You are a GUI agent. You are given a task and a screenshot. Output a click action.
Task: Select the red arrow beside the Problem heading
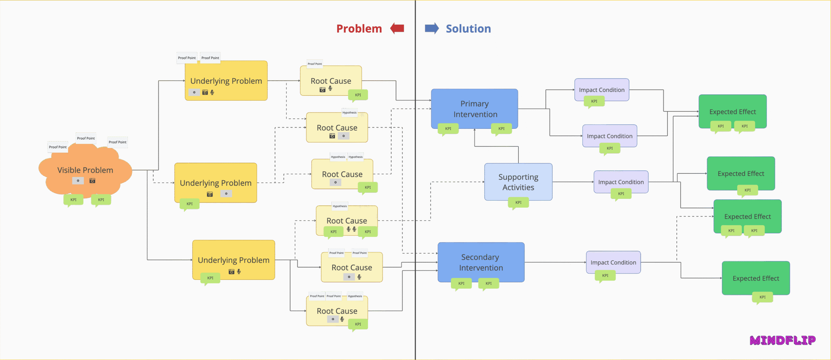(x=397, y=29)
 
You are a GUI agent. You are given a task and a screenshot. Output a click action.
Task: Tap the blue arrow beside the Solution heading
(x=432, y=29)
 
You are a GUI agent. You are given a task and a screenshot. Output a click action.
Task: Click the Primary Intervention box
(x=474, y=108)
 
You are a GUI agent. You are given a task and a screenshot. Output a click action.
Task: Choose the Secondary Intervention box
(x=481, y=262)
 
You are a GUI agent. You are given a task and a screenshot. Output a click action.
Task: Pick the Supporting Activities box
(x=518, y=182)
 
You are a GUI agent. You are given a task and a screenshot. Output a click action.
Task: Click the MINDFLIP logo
(x=782, y=340)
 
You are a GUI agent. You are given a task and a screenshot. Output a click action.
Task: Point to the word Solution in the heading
(x=468, y=29)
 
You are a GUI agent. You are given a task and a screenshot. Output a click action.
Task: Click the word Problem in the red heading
(x=359, y=29)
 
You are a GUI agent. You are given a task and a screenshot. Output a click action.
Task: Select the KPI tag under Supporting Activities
(x=518, y=203)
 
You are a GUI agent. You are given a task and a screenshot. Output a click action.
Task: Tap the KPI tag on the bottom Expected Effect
(x=763, y=297)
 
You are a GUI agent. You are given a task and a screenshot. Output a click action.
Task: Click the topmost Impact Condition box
(x=602, y=90)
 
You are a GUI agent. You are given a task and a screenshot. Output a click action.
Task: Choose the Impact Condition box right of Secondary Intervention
(x=613, y=262)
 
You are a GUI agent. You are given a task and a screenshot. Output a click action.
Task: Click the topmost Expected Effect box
(x=732, y=111)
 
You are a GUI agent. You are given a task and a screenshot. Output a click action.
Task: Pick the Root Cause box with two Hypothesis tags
(x=342, y=174)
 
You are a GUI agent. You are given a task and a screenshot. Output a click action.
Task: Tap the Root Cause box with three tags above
(x=337, y=311)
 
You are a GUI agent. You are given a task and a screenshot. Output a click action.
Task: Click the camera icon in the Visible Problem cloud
(x=93, y=180)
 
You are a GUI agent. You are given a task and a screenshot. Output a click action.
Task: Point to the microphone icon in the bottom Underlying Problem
(x=239, y=271)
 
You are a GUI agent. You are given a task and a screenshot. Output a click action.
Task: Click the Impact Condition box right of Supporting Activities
(x=621, y=182)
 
